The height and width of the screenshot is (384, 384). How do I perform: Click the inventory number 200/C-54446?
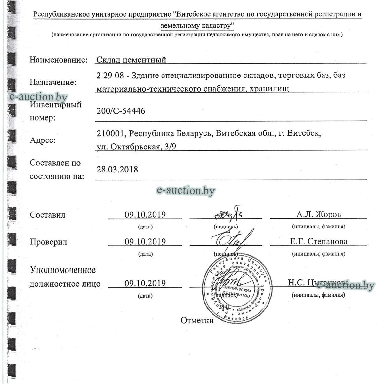(x=121, y=111)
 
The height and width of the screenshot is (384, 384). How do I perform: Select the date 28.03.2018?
(x=117, y=169)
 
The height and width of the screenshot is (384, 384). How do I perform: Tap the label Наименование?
(x=59, y=60)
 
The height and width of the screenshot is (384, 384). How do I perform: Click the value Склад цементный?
(x=131, y=60)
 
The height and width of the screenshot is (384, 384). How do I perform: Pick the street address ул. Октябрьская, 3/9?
(x=136, y=147)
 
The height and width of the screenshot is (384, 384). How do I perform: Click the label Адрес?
(x=43, y=140)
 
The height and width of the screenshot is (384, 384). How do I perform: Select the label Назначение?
(x=53, y=82)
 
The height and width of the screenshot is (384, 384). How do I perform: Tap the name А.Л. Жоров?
(x=319, y=214)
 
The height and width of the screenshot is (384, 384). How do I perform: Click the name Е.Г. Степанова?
(x=319, y=242)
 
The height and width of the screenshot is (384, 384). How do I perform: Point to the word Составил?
(x=47, y=215)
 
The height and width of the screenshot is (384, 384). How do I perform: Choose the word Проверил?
(x=48, y=242)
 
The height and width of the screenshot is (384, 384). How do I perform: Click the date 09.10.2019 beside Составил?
(x=145, y=214)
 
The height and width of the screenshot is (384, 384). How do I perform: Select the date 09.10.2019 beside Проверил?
(x=145, y=242)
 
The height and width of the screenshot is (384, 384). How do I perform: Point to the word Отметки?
(x=197, y=320)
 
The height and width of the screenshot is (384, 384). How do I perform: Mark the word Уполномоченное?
(x=63, y=270)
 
